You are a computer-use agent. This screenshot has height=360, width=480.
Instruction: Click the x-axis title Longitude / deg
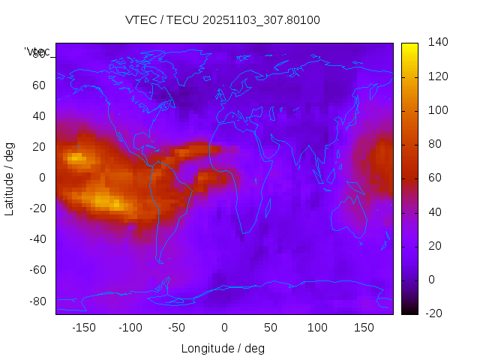pyautogui.click(x=223, y=348)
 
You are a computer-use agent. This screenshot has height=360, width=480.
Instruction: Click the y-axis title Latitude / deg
pyautogui.click(x=10, y=178)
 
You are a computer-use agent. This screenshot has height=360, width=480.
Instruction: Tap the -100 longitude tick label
pyautogui.click(x=130, y=328)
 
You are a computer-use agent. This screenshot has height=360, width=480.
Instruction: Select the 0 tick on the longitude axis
pyautogui.click(x=224, y=328)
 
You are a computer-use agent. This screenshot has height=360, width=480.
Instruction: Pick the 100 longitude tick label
pyautogui.click(x=318, y=328)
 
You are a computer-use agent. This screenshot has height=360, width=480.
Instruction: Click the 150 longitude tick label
pyautogui.click(x=364, y=328)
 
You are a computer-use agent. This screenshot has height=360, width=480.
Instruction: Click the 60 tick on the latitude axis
pyautogui.click(x=39, y=85)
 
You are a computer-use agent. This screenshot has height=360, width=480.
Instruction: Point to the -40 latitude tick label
pyautogui.click(x=36, y=239)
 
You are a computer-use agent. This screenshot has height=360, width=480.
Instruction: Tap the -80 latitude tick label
pyautogui.click(x=36, y=301)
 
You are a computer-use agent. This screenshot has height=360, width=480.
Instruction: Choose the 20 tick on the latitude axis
pyautogui.click(x=39, y=146)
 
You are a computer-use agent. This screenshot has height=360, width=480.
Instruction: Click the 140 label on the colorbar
pyautogui.click(x=437, y=43)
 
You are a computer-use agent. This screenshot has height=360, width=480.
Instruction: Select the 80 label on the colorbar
pyautogui.click(x=434, y=144)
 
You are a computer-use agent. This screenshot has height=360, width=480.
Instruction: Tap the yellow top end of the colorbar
pyautogui.click(x=409, y=46)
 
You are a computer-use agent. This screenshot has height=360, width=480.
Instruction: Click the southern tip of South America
pyautogui.click(x=160, y=262)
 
